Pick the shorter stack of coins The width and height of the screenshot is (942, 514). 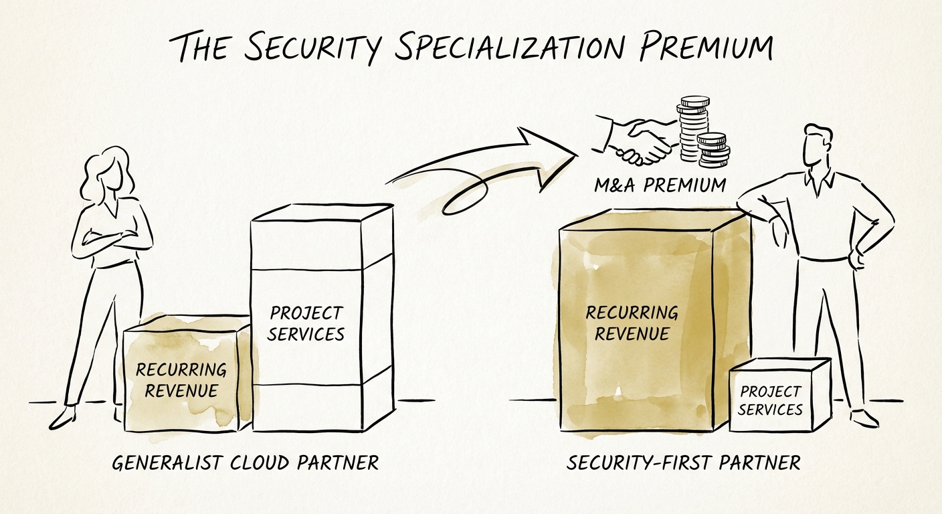coord(713,150)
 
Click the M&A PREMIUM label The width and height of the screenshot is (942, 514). coord(660,185)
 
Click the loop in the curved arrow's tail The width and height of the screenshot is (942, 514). coord(462,197)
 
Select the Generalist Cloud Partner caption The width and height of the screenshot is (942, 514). coord(245,462)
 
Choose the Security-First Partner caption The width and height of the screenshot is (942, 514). coord(683,462)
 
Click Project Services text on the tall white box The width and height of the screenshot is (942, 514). coord(306,323)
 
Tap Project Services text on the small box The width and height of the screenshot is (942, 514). coord(771,400)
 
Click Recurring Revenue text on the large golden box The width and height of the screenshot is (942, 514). coord(632,323)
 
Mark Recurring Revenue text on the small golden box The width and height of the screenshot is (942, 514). coord(181,379)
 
